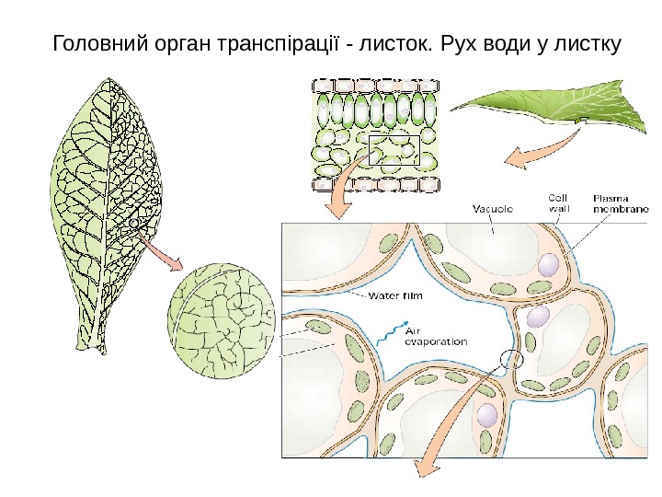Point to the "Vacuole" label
pyautogui.click(x=493, y=209)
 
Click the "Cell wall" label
pyautogui.click(x=558, y=202)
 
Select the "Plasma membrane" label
pyautogui.click(x=621, y=202)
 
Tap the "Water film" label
pyautogui.click(x=396, y=296)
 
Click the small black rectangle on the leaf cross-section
pyautogui.click(x=394, y=150)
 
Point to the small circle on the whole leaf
pyautogui.click(x=134, y=224)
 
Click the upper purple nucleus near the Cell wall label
pyautogui.click(x=547, y=265)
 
